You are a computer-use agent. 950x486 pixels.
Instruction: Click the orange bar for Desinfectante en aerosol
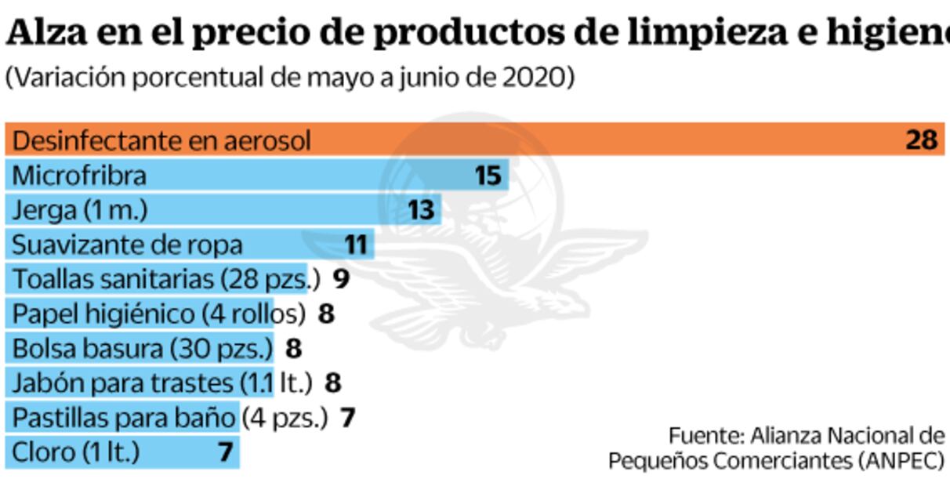[x=549, y=140]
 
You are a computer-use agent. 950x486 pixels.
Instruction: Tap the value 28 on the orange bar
[x=921, y=140]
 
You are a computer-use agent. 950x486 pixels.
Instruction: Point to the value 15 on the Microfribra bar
[x=488, y=176]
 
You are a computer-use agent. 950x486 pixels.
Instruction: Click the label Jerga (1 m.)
[x=80, y=210]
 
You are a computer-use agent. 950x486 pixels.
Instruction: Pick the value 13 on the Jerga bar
[x=422, y=210]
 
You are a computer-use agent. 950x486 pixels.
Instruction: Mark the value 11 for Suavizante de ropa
[x=356, y=245]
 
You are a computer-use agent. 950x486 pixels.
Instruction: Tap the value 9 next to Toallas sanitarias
[x=341, y=279]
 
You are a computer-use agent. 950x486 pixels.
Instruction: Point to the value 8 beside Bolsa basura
[x=293, y=348]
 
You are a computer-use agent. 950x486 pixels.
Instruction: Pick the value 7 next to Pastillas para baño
[x=347, y=418]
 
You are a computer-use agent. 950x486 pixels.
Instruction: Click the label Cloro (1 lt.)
[x=77, y=452]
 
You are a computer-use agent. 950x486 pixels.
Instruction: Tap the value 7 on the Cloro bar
[x=226, y=452]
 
